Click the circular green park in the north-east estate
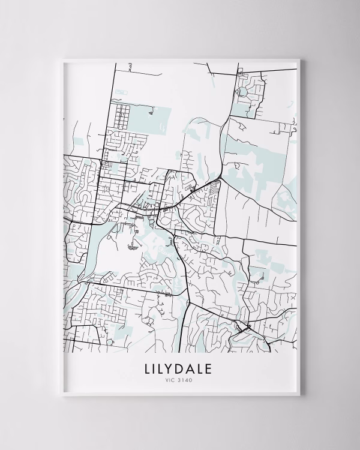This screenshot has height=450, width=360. tap(245, 92)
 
